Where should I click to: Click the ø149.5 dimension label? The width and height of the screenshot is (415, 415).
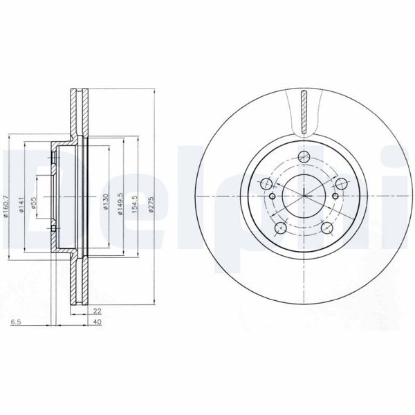tap(120, 203)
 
